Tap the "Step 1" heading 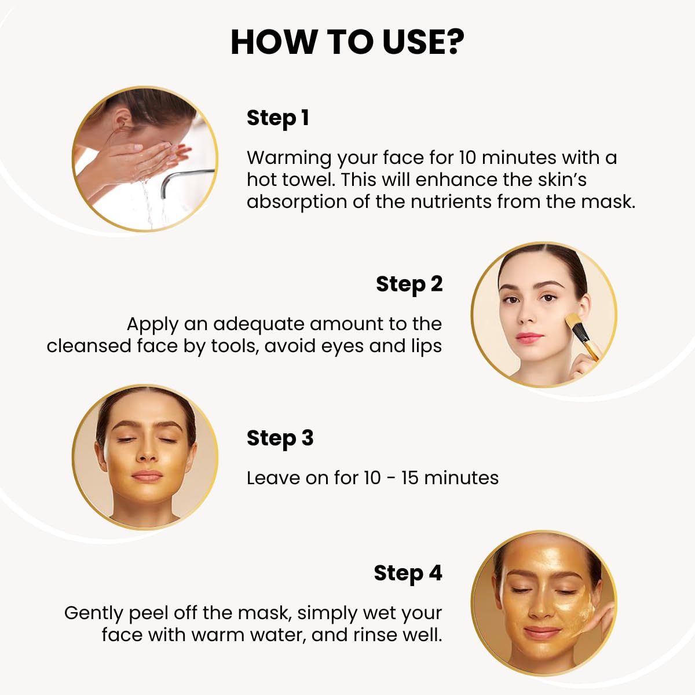[x=278, y=118]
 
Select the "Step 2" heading [x=409, y=284]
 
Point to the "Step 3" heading [x=280, y=438]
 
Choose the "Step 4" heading [x=408, y=573]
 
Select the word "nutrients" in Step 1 [x=451, y=202]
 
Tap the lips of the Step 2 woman [x=529, y=338]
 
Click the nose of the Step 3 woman [x=147, y=453]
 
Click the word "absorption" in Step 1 [x=297, y=202]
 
